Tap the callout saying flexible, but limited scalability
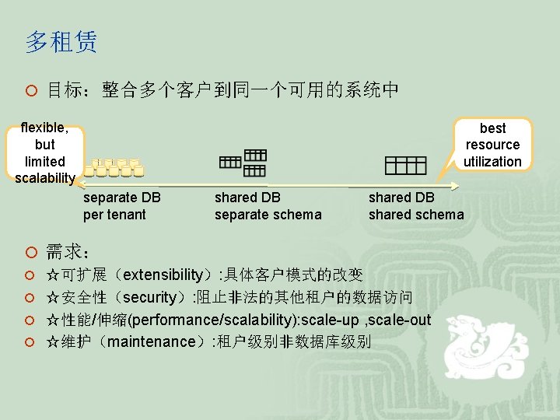pos(45,153)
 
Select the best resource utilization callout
pos(492,145)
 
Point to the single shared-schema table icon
pos(405,165)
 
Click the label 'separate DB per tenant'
pos(121,206)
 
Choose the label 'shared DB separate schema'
pos(268,206)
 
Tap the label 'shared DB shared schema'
pos(415,206)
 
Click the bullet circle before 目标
pos(30,92)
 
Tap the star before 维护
pos(53,341)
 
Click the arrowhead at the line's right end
pos(457,185)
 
